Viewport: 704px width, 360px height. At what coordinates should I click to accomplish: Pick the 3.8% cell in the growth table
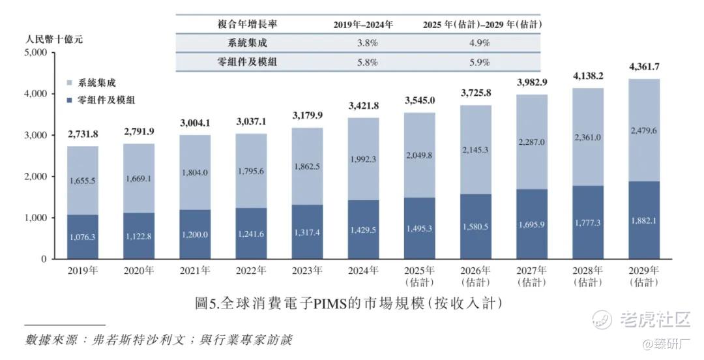tap(363, 43)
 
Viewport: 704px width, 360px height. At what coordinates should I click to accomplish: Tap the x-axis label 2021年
tap(195, 270)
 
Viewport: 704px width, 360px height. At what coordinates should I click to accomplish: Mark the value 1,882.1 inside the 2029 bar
tap(644, 221)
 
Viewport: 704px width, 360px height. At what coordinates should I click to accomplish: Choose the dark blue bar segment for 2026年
tap(475, 227)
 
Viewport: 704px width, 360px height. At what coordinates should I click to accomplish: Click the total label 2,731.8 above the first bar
tap(83, 134)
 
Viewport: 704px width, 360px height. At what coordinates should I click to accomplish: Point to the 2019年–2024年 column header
tap(363, 24)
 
